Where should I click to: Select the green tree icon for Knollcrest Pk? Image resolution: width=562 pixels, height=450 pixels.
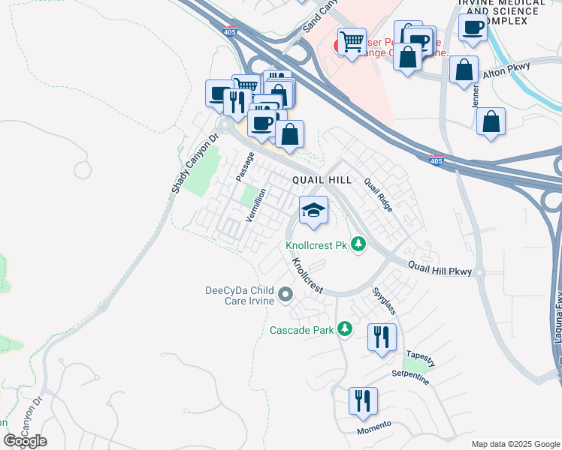click(359, 244)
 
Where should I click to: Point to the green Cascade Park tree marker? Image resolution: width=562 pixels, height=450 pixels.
click(345, 328)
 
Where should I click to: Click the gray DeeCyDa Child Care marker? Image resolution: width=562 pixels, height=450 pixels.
click(285, 296)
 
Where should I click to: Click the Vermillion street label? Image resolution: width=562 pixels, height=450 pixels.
click(256, 205)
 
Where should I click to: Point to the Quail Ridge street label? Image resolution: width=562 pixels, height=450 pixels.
click(378, 195)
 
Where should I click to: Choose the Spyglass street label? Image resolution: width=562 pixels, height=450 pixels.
click(383, 299)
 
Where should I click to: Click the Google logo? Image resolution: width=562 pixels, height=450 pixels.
click(25, 441)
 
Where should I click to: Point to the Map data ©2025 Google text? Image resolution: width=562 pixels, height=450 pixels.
click(515, 444)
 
